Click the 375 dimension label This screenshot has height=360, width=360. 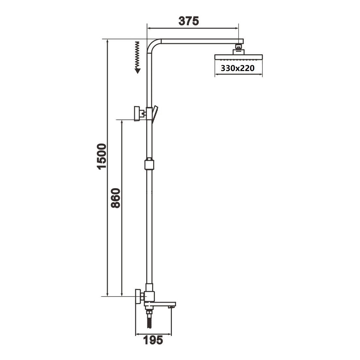(x=189, y=21)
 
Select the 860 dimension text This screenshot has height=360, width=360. (x=116, y=198)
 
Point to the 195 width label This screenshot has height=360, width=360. (x=153, y=340)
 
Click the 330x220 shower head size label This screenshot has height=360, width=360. (x=238, y=68)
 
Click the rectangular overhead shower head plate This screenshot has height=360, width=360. (x=238, y=57)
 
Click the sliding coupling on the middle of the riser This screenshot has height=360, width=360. (x=149, y=164)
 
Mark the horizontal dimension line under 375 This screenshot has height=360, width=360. (x=193, y=28)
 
